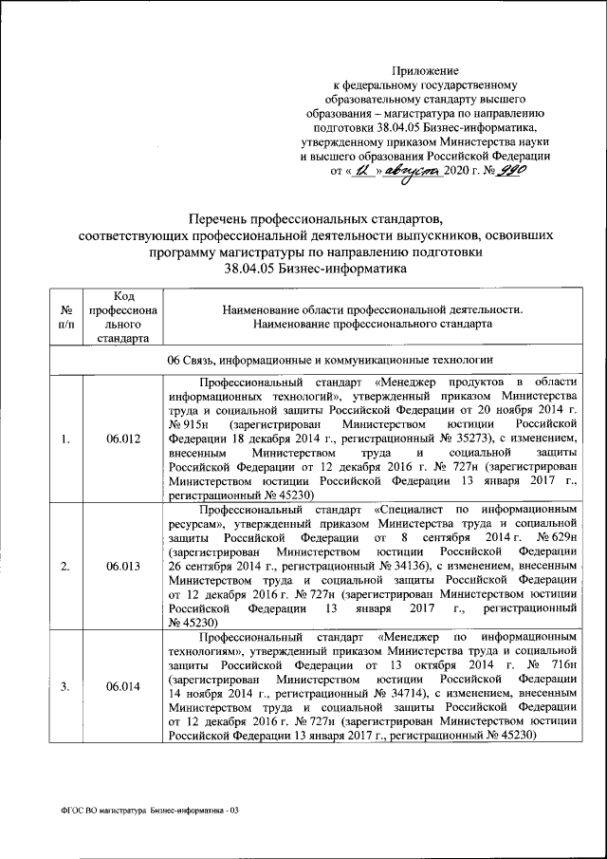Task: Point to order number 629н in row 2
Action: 560,538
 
